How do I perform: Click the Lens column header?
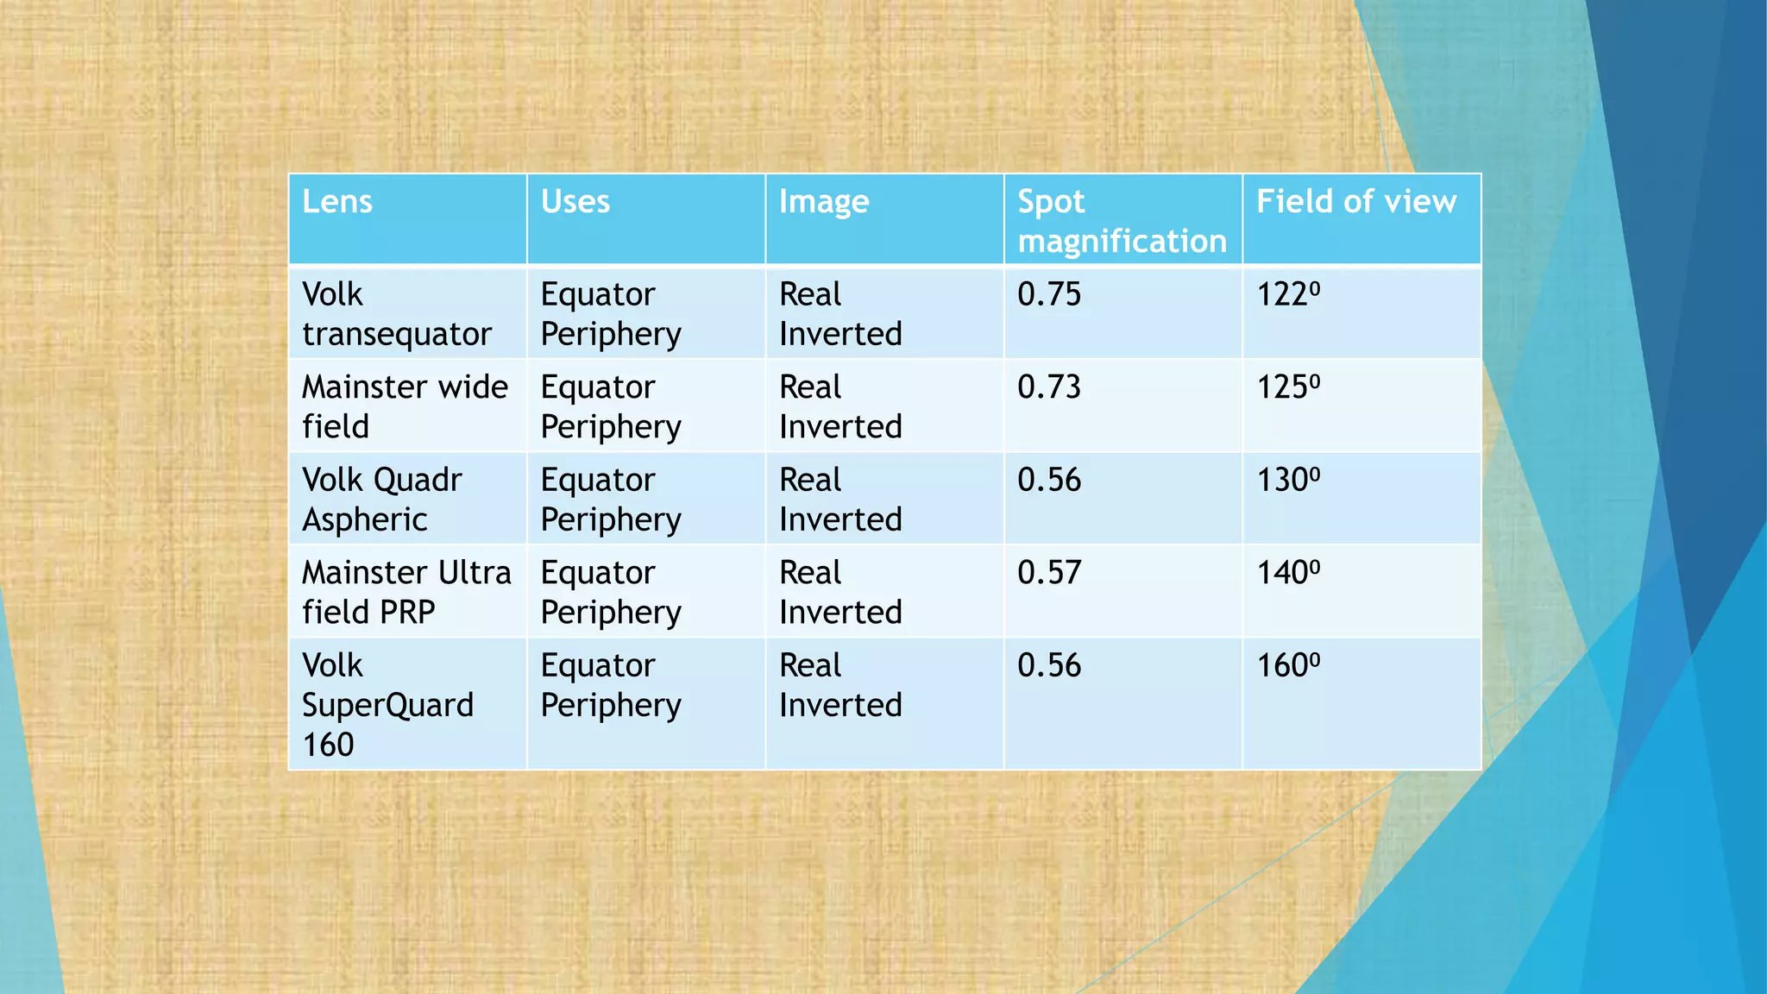pos(337,202)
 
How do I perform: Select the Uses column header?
pos(575,202)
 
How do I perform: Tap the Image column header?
pos(824,203)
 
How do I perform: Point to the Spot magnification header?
pos(1122,222)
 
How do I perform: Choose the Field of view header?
pos(1356,202)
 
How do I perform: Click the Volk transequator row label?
pos(397,314)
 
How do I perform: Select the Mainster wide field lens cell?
pos(405,406)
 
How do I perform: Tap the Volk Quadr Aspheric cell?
pos(382,500)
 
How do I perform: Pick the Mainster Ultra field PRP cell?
pos(406,592)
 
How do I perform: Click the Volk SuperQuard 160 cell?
pos(387,705)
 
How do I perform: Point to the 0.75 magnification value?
pos(1049,295)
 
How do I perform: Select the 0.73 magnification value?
pos(1049,387)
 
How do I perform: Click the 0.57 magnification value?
pos(1049,573)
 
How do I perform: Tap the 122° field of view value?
pos(1288,295)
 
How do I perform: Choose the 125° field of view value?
pos(1288,387)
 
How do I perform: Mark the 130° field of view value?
pos(1288,481)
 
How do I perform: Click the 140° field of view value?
pos(1288,573)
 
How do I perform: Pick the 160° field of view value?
pos(1288,666)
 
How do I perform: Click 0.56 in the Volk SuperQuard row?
pos(1049,666)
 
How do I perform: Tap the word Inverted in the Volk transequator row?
pos(840,335)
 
